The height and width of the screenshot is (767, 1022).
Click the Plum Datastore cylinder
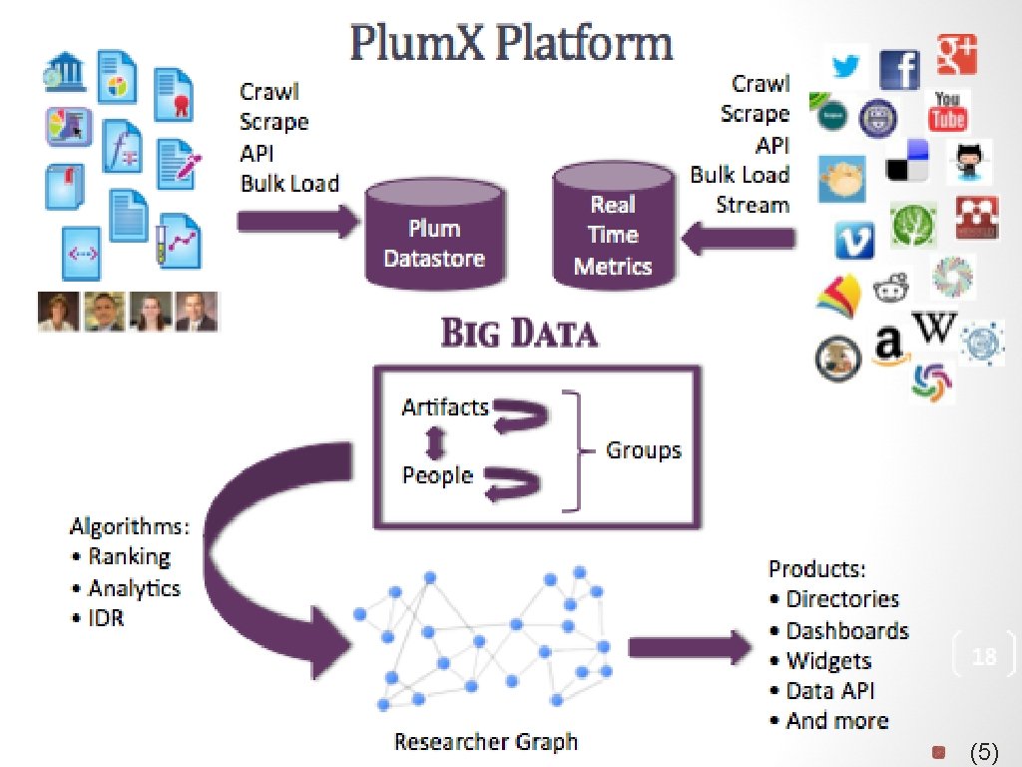pos(434,238)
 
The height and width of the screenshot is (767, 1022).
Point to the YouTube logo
pos(947,110)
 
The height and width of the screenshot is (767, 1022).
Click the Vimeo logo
pos(854,239)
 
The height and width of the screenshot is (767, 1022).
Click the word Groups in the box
pos(644,449)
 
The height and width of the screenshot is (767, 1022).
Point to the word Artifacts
pos(445,406)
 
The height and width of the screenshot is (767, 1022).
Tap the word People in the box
pos(437,474)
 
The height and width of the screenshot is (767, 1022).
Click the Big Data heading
pos(520,334)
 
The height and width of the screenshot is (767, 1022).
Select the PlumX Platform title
pos(511,45)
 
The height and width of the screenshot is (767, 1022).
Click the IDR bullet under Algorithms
pos(106,618)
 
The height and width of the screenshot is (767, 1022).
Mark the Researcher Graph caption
pos(486,742)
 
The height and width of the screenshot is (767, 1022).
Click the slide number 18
pos(984,656)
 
